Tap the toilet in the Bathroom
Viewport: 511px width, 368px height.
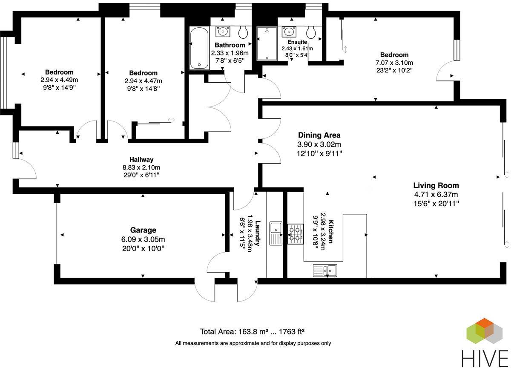coord(244,32)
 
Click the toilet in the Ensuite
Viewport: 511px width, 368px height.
coord(311,32)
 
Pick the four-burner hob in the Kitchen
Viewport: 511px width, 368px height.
coord(295,234)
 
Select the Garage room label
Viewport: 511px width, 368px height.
coord(143,230)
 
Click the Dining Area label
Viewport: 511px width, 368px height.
coord(319,135)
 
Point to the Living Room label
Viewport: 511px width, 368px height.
coord(436,185)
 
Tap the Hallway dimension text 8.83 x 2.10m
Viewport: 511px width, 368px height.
coord(141,167)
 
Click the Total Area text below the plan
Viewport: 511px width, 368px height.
coord(252,331)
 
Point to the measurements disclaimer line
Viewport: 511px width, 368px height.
coord(253,343)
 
